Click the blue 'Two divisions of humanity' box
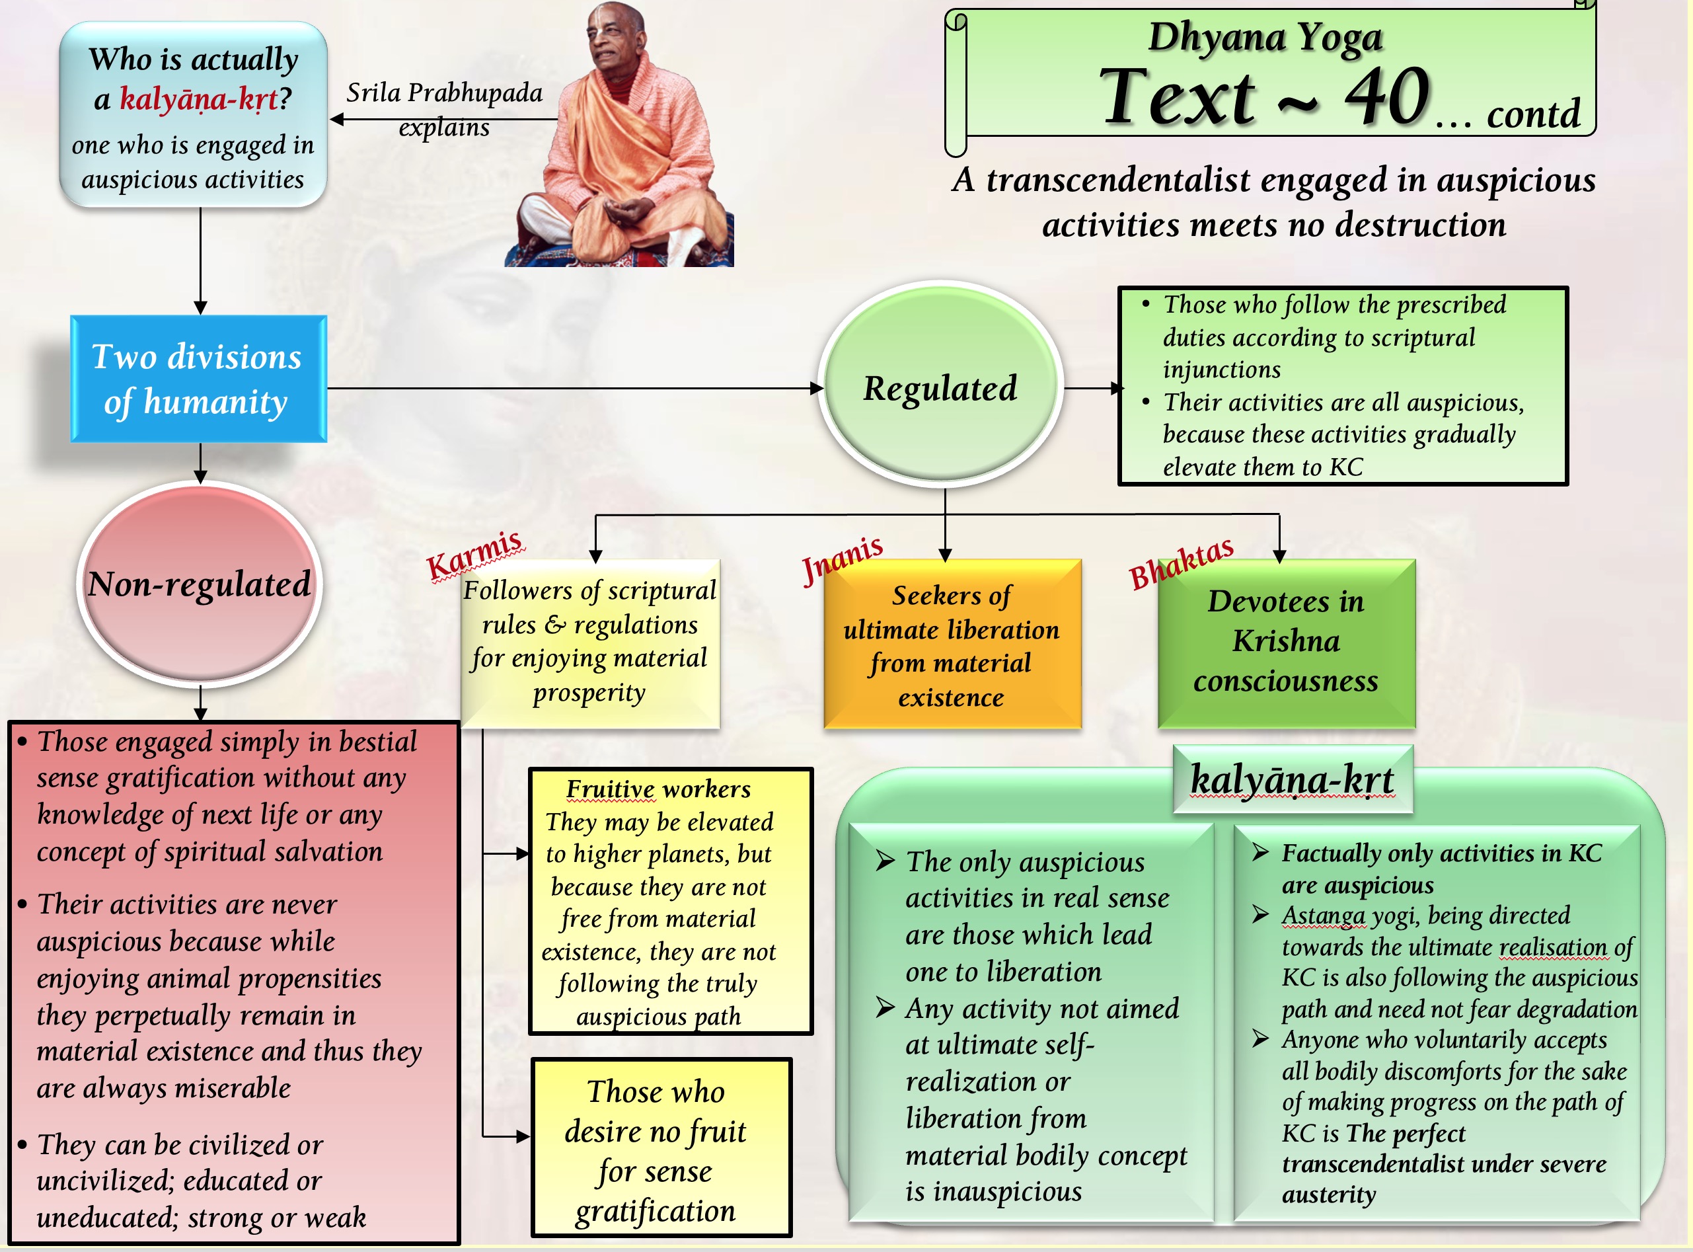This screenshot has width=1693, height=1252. [x=198, y=379]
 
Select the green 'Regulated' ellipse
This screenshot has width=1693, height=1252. [x=940, y=387]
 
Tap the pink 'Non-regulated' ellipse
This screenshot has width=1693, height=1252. [x=199, y=584]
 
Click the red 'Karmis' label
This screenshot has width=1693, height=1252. [x=474, y=553]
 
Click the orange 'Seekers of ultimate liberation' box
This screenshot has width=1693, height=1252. [x=952, y=645]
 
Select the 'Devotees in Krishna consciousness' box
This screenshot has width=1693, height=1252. [x=1285, y=642]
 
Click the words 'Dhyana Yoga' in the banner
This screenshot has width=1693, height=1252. [x=1265, y=36]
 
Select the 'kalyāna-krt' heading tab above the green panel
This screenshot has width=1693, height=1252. [x=1293, y=779]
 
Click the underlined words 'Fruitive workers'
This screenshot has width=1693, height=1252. [x=658, y=789]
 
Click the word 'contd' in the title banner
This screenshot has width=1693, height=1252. [x=1533, y=114]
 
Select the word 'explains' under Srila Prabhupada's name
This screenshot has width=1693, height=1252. [x=444, y=128]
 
